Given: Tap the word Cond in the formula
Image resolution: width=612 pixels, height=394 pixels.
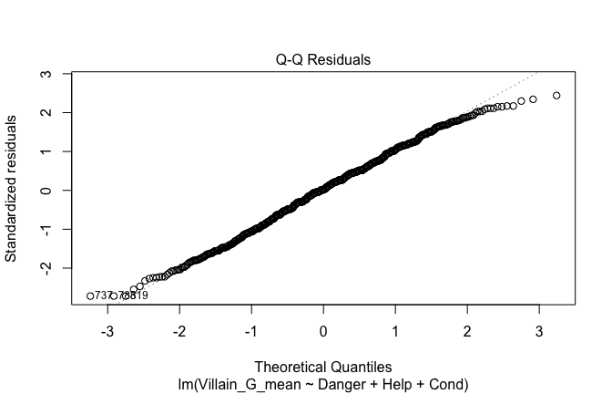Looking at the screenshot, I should tap(435, 384).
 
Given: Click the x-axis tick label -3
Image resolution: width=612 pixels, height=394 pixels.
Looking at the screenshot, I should tap(107, 330).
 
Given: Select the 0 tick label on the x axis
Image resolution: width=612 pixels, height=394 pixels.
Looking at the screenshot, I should tap(323, 330).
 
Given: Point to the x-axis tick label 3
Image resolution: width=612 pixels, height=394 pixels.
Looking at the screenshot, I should tap(538, 330).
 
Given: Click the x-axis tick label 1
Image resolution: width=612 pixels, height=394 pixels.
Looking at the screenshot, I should tap(395, 330).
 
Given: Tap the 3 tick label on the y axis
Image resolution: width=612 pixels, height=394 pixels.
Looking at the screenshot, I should tap(56, 73).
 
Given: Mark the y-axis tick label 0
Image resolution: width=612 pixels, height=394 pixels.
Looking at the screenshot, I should tap(56, 190).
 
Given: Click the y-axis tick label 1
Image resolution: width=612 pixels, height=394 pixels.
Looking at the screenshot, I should tap(56, 150).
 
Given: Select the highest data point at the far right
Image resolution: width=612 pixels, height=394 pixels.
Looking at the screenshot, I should tap(556, 96).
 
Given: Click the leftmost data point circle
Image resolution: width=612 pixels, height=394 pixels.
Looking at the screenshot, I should tap(90, 295).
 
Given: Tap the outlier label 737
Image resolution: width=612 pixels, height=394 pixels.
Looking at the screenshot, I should tap(103, 295).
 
